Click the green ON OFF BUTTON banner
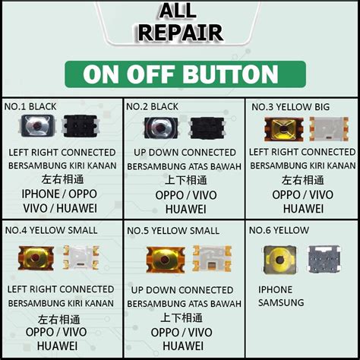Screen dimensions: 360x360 [180, 74]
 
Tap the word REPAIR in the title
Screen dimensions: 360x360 [180, 33]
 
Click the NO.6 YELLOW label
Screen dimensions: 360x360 [279, 230]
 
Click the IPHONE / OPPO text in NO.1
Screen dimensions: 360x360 [60, 193]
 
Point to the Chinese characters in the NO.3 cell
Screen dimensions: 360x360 [302, 180]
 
